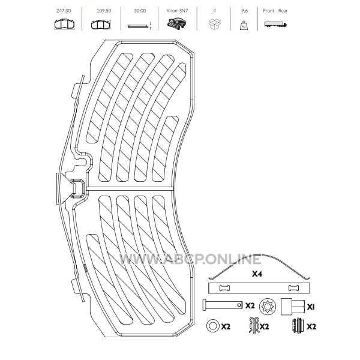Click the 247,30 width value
click(x=64, y=11)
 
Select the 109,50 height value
click(x=104, y=11)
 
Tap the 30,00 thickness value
click(x=140, y=11)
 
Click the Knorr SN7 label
click(x=177, y=11)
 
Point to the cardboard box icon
click(x=214, y=24)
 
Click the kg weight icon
click(x=244, y=25)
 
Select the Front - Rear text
click(x=275, y=11)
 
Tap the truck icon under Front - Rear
click(x=275, y=25)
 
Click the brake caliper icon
click(x=176, y=24)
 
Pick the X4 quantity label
click(x=257, y=274)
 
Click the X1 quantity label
click(x=311, y=307)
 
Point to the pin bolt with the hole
click(x=223, y=305)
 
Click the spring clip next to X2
click(x=254, y=325)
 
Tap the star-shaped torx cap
click(x=268, y=307)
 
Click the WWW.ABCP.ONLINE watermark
click(x=190, y=259)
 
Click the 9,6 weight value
click(x=244, y=11)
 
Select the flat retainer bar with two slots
click(x=259, y=288)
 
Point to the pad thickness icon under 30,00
click(x=140, y=25)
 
